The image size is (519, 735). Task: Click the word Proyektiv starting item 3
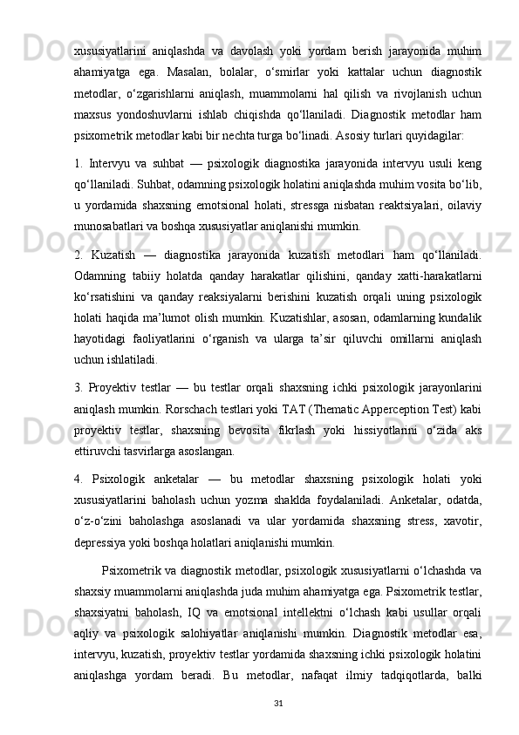[120, 386]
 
